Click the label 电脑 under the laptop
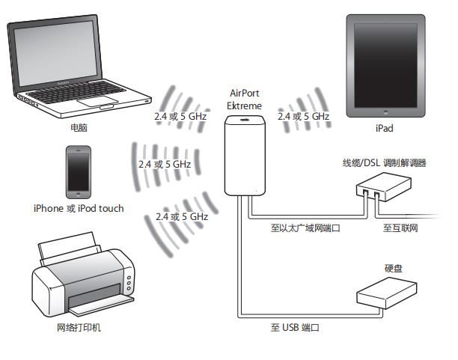tap(79, 128)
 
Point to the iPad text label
tap(384, 129)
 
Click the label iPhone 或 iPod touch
tap(79, 208)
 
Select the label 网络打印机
tap(79, 328)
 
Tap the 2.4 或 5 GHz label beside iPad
tap(303, 117)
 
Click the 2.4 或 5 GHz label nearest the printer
tap(181, 216)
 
